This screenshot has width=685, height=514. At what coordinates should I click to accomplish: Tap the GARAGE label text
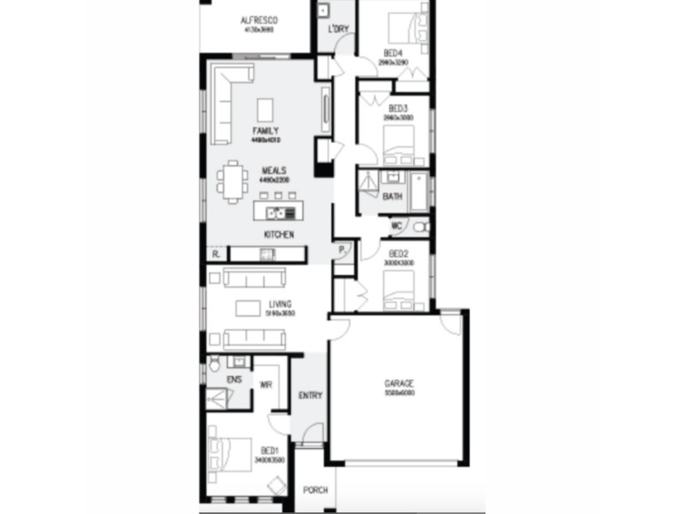pyautogui.click(x=399, y=383)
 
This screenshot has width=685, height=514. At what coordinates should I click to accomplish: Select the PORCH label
pyautogui.click(x=315, y=491)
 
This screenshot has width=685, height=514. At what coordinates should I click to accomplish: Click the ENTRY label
pyautogui.click(x=310, y=396)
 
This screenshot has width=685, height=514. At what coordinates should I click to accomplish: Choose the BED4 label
pyautogui.click(x=392, y=53)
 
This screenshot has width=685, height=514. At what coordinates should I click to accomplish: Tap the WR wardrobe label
pyautogui.click(x=265, y=385)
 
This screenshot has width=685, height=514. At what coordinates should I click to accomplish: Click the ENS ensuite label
pyautogui.click(x=234, y=379)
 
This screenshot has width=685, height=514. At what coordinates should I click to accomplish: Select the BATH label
pyautogui.click(x=392, y=197)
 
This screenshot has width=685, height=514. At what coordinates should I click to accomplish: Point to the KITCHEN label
pyautogui.click(x=279, y=235)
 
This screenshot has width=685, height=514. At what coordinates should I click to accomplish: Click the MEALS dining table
pyautogui.click(x=233, y=180)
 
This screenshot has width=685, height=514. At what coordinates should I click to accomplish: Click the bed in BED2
pyautogui.click(x=399, y=290)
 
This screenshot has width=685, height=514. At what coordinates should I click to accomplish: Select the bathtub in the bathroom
pyautogui.click(x=420, y=192)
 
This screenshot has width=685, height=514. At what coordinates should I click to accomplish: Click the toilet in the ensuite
pyautogui.click(x=214, y=367)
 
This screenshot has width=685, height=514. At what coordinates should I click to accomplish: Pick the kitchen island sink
pyautogui.click(x=276, y=212)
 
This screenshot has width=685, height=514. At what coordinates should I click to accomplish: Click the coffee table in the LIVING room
pyautogui.click(x=249, y=308)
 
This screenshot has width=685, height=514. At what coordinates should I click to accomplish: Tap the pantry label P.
pyautogui.click(x=341, y=250)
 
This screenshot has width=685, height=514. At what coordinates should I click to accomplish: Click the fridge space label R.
pyautogui.click(x=216, y=254)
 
